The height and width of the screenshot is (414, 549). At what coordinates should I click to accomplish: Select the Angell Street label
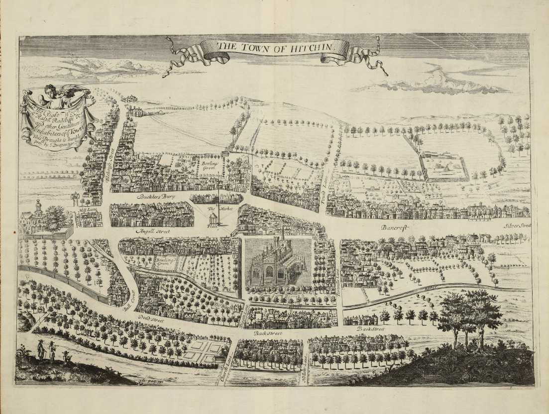pyautogui.click(x=153, y=231)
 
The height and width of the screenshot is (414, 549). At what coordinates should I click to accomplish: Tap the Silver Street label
pyautogui.click(x=517, y=225)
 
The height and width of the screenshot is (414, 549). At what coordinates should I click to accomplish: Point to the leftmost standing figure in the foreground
pyautogui.click(x=40, y=350)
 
